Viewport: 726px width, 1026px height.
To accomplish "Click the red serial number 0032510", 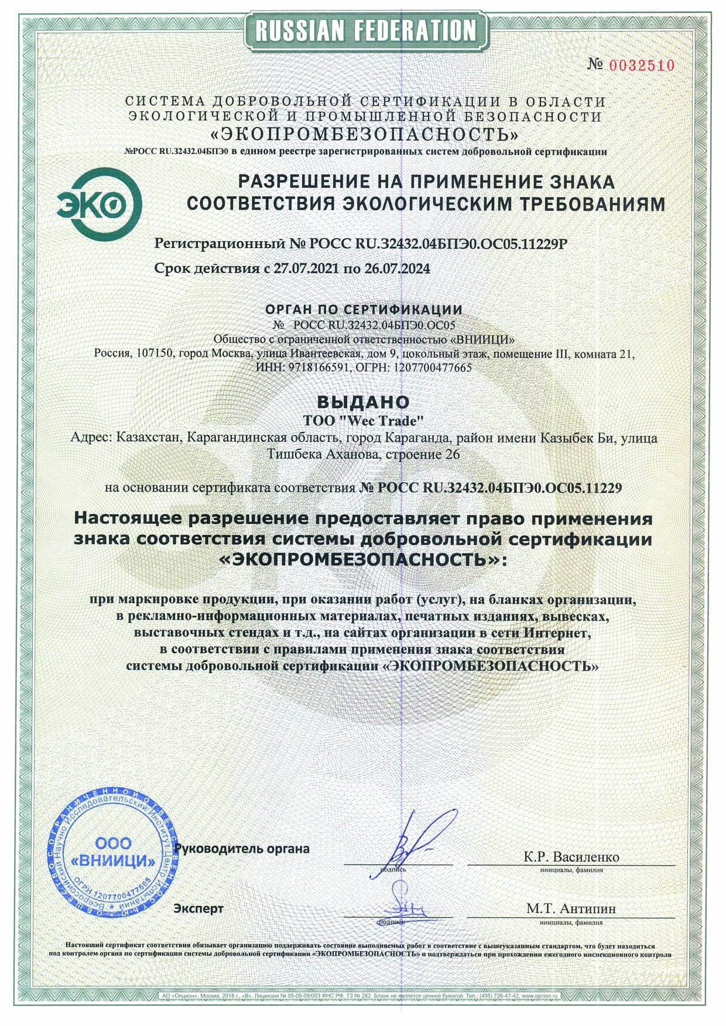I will pyautogui.click(x=642, y=66).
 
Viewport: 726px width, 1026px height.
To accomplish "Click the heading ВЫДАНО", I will pyautogui.click(x=362, y=402).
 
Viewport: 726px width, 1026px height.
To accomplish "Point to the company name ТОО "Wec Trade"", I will pyautogui.click(x=363, y=420).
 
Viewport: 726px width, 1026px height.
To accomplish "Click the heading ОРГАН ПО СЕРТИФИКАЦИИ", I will pyautogui.click(x=364, y=309).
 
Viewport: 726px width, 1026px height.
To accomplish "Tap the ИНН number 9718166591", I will pyautogui.click(x=319, y=368).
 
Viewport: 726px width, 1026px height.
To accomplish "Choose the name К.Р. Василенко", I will pyautogui.click(x=571, y=857).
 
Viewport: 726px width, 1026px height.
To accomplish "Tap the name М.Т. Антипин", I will pyautogui.click(x=571, y=908).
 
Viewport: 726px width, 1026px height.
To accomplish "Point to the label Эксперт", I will pyautogui.click(x=198, y=908).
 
